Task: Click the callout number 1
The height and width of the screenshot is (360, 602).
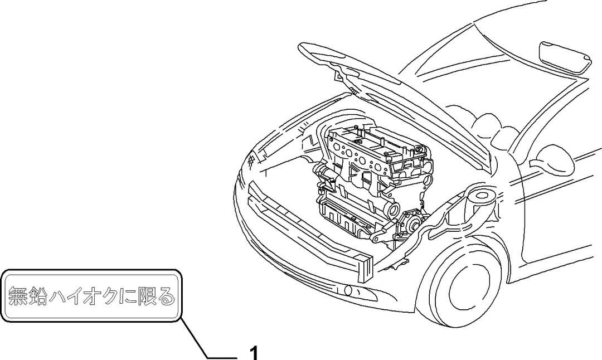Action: pyautogui.click(x=254, y=353)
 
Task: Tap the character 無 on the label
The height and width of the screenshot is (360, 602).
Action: pyautogui.click(x=18, y=296)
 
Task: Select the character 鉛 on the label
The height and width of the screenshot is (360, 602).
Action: pyautogui.click(x=38, y=296)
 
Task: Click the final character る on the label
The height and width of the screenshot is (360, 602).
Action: pyautogui.click(x=167, y=296)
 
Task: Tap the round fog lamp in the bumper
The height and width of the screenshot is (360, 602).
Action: pyautogui.click(x=348, y=290)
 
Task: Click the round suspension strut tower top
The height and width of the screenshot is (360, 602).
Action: pyautogui.click(x=481, y=197)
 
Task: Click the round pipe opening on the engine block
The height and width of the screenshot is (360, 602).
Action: pyautogui.click(x=394, y=210)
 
